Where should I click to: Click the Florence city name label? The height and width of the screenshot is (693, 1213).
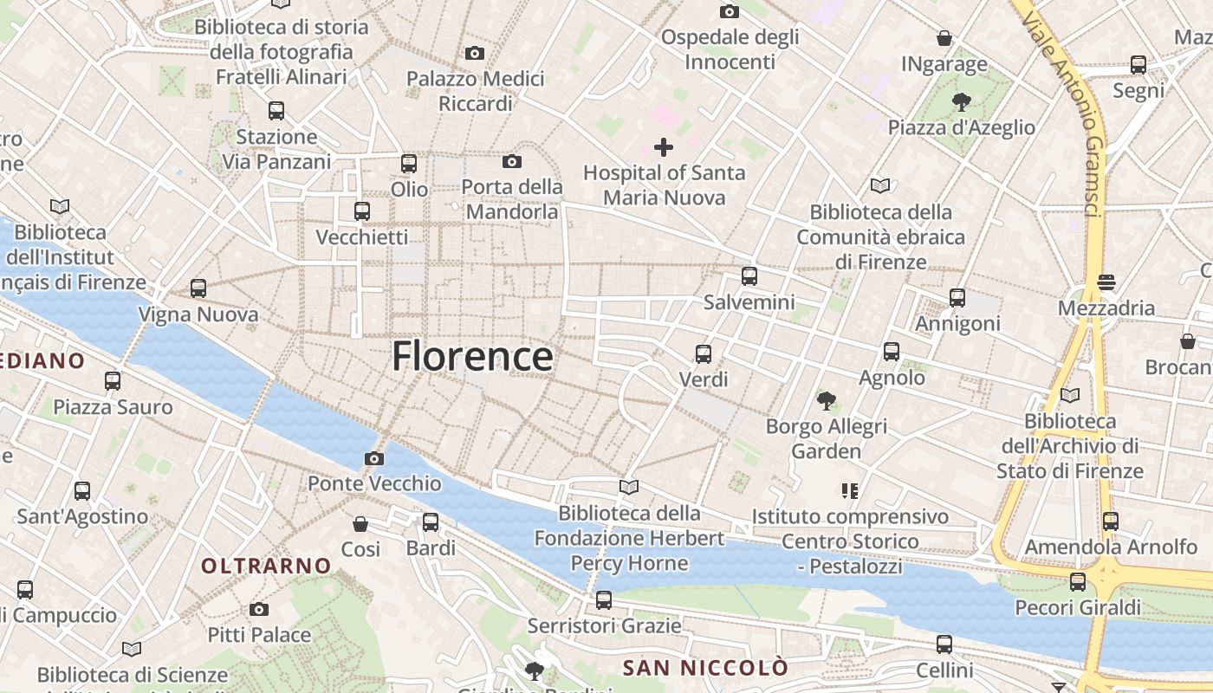pyautogui.click(x=472, y=356)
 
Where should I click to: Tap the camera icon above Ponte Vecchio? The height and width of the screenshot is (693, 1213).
pyautogui.click(x=374, y=458)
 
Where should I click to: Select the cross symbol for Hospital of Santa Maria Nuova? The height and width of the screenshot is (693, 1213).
pyautogui.click(x=664, y=147)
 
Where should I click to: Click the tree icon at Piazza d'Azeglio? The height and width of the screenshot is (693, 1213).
pyautogui.click(x=961, y=102)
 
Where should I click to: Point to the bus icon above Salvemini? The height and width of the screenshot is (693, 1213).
pyautogui.click(x=749, y=276)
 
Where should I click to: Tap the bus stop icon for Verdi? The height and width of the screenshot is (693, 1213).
pyautogui.click(x=704, y=353)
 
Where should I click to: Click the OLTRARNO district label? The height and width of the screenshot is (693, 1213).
pyautogui.click(x=267, y=566)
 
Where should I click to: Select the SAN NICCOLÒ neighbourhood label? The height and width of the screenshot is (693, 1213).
pyautogui.click(x=706, y=668)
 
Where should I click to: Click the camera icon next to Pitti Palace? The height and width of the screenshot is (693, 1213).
pyautogui.click(x=259, y=609)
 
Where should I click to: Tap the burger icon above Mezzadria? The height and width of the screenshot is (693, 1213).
pyautogui.click(x=1106, y=282)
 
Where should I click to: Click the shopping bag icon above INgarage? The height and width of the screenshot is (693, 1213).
pyautogui.click(x=944, y=38)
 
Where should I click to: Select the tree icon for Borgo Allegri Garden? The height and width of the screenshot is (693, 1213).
pyautogui.click(x=827, y=400)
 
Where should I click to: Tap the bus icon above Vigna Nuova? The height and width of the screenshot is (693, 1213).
pyautogui.click(x=198, y=288)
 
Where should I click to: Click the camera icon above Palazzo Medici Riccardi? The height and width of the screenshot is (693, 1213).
pyautogui.click(x=475, y=54)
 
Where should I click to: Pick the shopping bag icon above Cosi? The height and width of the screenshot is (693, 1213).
pyautogui.click(x=360, y=523)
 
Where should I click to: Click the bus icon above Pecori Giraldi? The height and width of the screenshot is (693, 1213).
pyautogui.click(x=1078, y=581)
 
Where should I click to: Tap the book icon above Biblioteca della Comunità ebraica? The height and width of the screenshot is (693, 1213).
pyautogui.click(x=880, y=185)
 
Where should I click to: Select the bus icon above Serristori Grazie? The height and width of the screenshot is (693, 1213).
pyautogui.click(x=604, y=599)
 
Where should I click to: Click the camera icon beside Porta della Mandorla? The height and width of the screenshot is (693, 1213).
pyautogui.click(x=512, y=161)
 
